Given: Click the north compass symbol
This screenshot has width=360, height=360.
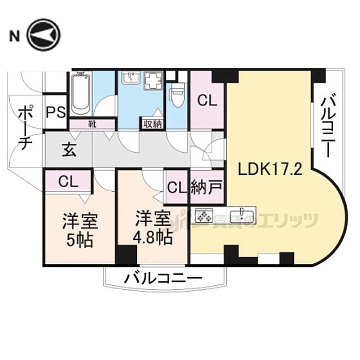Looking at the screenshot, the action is (44, 35).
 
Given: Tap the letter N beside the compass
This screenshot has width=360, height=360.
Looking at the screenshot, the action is (14, 36).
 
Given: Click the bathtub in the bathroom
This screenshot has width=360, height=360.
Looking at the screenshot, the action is (80, 93).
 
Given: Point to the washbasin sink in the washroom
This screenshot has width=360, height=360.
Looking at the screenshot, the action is (131, 78).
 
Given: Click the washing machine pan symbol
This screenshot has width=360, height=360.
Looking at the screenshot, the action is (153, 80).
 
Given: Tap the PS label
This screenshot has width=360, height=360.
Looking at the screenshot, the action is (56, 112).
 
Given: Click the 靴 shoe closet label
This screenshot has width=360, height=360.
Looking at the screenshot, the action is (93, 124).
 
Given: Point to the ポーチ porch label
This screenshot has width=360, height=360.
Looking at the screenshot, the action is (25, 127).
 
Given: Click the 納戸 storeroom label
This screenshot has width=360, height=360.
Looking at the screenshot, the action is (207, 187).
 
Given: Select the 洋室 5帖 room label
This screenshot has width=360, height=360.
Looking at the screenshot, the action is (80, 230).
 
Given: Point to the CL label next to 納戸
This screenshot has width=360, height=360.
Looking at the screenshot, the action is (177, 188).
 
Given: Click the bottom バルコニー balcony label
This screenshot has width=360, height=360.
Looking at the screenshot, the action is (163, 279).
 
